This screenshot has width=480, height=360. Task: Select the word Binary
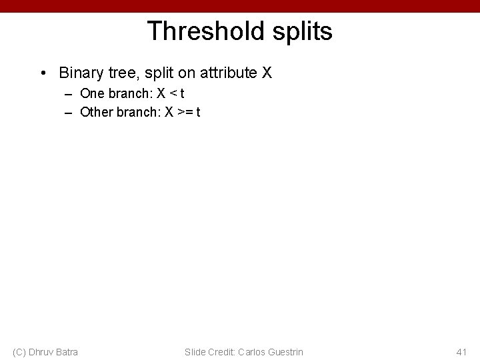click(79, 72)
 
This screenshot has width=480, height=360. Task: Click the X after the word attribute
click(267, 72)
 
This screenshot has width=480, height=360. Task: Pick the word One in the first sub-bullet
click(92, 93)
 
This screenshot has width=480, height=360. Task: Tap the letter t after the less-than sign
click(181, 93)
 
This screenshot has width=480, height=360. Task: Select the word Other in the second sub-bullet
click(96, 111)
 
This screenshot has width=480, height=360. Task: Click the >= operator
click(183, 111)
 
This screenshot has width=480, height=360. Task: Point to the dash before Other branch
click(68, 111)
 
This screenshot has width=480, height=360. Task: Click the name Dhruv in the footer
click(43, 351)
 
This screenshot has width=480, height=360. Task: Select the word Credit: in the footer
click(223, 351)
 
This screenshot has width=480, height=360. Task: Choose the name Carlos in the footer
click(257, 351)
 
